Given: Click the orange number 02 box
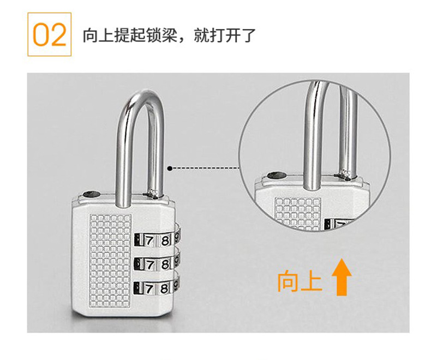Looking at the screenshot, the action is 50,34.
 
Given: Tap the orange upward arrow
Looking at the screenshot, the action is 342,277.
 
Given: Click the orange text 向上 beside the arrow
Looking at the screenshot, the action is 299,281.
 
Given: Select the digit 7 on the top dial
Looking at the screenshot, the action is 149,241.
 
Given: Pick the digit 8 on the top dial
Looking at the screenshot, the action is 165,241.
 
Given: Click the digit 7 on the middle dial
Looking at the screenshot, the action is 149,265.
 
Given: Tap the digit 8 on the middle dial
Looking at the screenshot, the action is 165,265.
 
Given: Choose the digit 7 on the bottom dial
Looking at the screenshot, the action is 149,289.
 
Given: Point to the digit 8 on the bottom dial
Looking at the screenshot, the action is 164,289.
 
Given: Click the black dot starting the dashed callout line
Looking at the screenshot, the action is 170,168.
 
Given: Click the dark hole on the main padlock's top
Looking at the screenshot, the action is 91,194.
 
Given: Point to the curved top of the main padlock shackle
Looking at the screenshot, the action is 141,95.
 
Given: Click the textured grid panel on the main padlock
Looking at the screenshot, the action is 111,261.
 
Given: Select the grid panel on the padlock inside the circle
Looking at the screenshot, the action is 298,212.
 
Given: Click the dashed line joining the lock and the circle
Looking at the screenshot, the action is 205,168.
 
